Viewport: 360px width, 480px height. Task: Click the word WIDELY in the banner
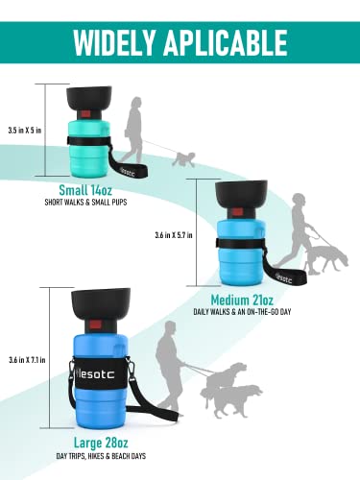coord(114,42)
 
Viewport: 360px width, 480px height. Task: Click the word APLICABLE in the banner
coord(226,42)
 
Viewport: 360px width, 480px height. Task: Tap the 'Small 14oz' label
coord(85,190)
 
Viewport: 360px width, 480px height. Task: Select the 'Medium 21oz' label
coord(242,300)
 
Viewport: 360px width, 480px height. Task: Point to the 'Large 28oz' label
coord(101,443)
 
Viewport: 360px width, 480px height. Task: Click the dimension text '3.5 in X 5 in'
coord(25,131)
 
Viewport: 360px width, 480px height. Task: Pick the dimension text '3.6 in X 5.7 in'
coord(174,235)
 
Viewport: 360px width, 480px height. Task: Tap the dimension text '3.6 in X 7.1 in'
coord(27,360)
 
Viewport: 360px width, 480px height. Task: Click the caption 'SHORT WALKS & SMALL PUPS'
coord(85,203)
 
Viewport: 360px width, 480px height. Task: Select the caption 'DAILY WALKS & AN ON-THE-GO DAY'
coord(242,312)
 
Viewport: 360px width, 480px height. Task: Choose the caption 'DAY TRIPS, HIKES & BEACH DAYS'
coord(101,456)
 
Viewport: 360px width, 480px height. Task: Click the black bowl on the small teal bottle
coord(89,98)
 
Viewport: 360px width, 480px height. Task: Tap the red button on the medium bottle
coord(237,211)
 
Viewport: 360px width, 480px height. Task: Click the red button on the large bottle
coord(95,324)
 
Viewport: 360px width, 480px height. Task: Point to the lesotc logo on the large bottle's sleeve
coord(92,374)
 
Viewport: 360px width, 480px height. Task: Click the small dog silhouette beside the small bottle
coord(184,159)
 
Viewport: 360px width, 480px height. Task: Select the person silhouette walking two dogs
coord(169,368)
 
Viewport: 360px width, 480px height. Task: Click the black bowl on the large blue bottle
coord(101,302)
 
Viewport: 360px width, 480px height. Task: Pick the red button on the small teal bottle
coord(85,113)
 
